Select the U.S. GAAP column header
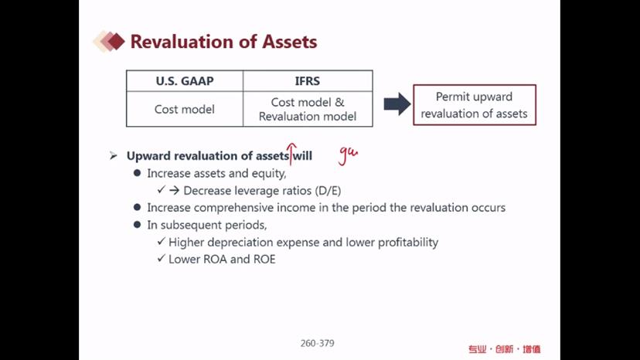click(x=185, y=81)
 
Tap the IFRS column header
click(x=308, y=81)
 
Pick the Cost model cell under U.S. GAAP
click(x=185, y=109)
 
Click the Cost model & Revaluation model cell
click(x=308, y=109)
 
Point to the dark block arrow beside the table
click(x=397, y=104)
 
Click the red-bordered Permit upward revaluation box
click(x=475, y=105)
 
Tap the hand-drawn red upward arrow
click(x=291, y=154)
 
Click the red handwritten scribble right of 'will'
click(x=348, y=155)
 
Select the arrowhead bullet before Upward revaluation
click(x=114, y=155)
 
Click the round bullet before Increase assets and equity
click(x=137, y=173)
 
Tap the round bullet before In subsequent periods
click(x=137, y=225)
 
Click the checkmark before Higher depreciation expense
click(x=162, y=241)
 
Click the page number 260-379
click(x=317, y=343)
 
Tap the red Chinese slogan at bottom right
click(x=504, y=349)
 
